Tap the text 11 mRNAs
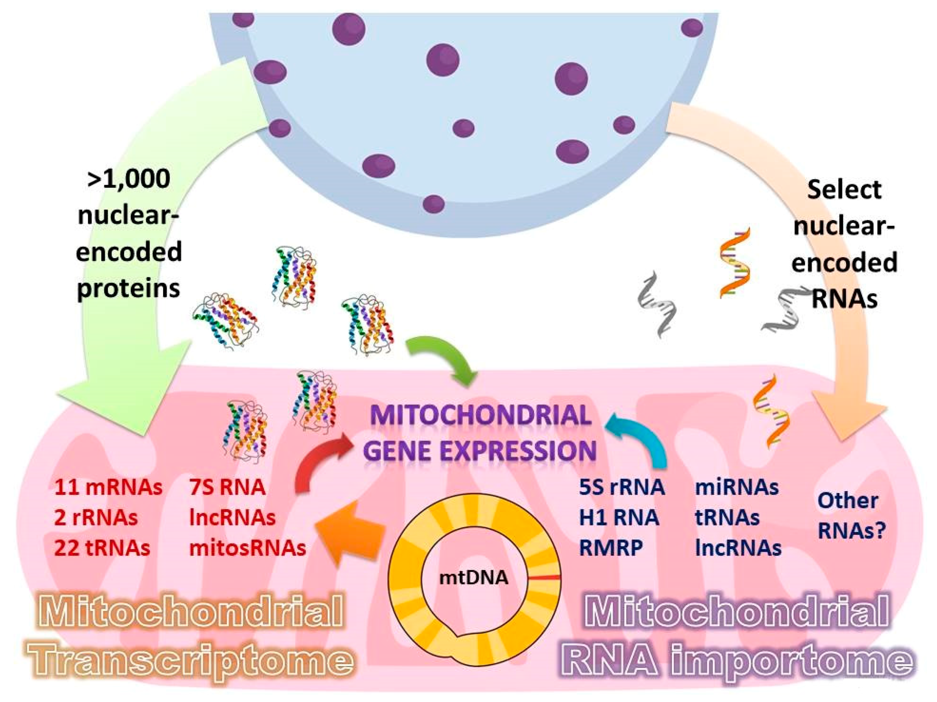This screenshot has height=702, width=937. [108, 487]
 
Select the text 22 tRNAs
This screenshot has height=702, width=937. [102, 548]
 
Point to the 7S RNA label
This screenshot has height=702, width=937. [227, 487]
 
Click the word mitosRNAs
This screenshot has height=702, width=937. [247, 548]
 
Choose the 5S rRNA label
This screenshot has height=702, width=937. [622, 487]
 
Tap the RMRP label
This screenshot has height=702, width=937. [610, 548]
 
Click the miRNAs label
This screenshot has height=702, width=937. [737, 487]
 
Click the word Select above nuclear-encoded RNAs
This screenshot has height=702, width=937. [844, 190]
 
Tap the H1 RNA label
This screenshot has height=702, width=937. [619, 517]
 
